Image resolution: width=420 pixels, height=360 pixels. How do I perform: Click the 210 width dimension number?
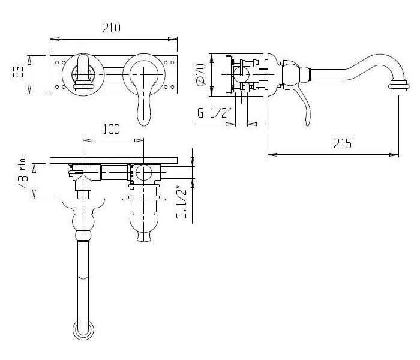(113, 28)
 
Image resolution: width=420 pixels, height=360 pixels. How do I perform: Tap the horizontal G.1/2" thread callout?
(213, 113)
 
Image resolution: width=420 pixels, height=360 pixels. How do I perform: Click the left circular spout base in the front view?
(82, 74)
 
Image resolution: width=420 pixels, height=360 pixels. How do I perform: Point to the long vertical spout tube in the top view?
(82, 276)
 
